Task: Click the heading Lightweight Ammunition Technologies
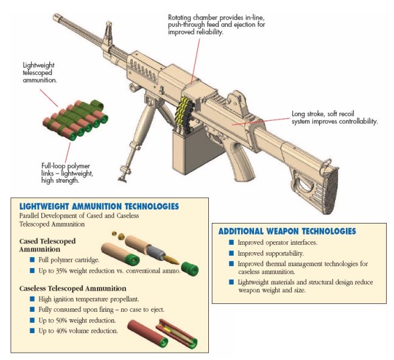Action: tap(99, 206)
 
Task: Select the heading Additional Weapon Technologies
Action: tap(287, 231)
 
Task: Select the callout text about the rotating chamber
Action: tap(216, 24)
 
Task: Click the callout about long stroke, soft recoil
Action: tap(334, 118)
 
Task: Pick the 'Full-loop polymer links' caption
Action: tap(67, 172)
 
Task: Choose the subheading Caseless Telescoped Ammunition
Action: tap(72, 288)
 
